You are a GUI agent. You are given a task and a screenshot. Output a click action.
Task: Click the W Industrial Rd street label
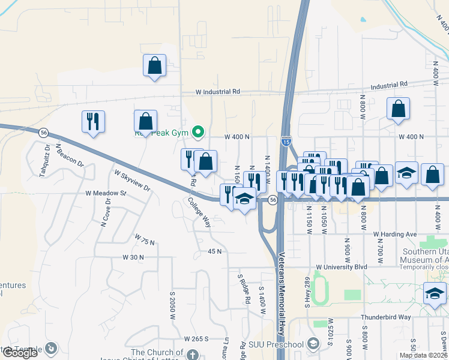(218, 92)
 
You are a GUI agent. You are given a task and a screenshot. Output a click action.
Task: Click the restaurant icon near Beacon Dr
(93, 122)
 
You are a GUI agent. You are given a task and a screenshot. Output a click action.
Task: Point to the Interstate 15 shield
(286, 141)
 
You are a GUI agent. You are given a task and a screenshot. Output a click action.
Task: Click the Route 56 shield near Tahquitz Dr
(44, 132)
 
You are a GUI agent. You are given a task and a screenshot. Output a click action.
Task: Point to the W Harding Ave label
(394, 234)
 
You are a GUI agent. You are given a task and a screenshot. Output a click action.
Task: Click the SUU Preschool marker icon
(312, 344)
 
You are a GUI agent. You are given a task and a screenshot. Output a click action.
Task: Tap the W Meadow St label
(106, 194)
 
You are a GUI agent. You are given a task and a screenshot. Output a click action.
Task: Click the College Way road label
(199, 213)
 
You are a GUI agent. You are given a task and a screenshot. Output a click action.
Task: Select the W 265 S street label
(196, 339)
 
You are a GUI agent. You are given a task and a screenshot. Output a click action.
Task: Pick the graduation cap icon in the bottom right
(435, 294)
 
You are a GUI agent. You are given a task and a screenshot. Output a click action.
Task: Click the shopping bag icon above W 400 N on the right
(398, 109)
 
